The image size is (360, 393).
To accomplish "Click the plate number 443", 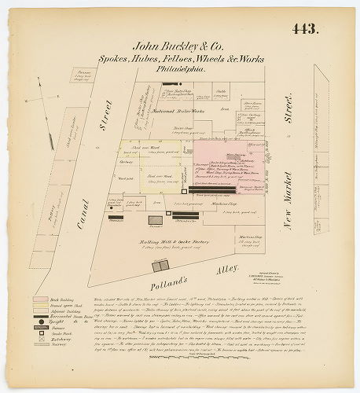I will [304, 30].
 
